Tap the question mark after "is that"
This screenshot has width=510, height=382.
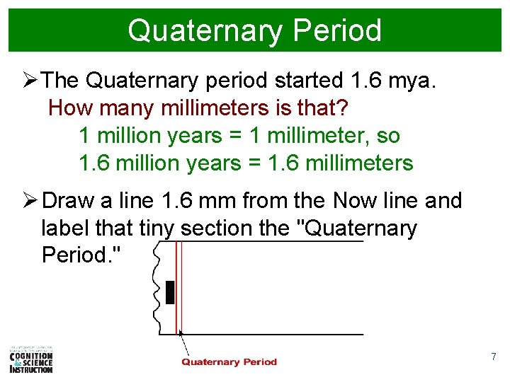343,109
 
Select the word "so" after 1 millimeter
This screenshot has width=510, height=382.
388,136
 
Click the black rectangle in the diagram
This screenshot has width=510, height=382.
169,291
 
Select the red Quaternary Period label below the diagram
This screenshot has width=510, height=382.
229,362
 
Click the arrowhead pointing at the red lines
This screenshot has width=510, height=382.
181,332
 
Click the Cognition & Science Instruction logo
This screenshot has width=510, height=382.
31,359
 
